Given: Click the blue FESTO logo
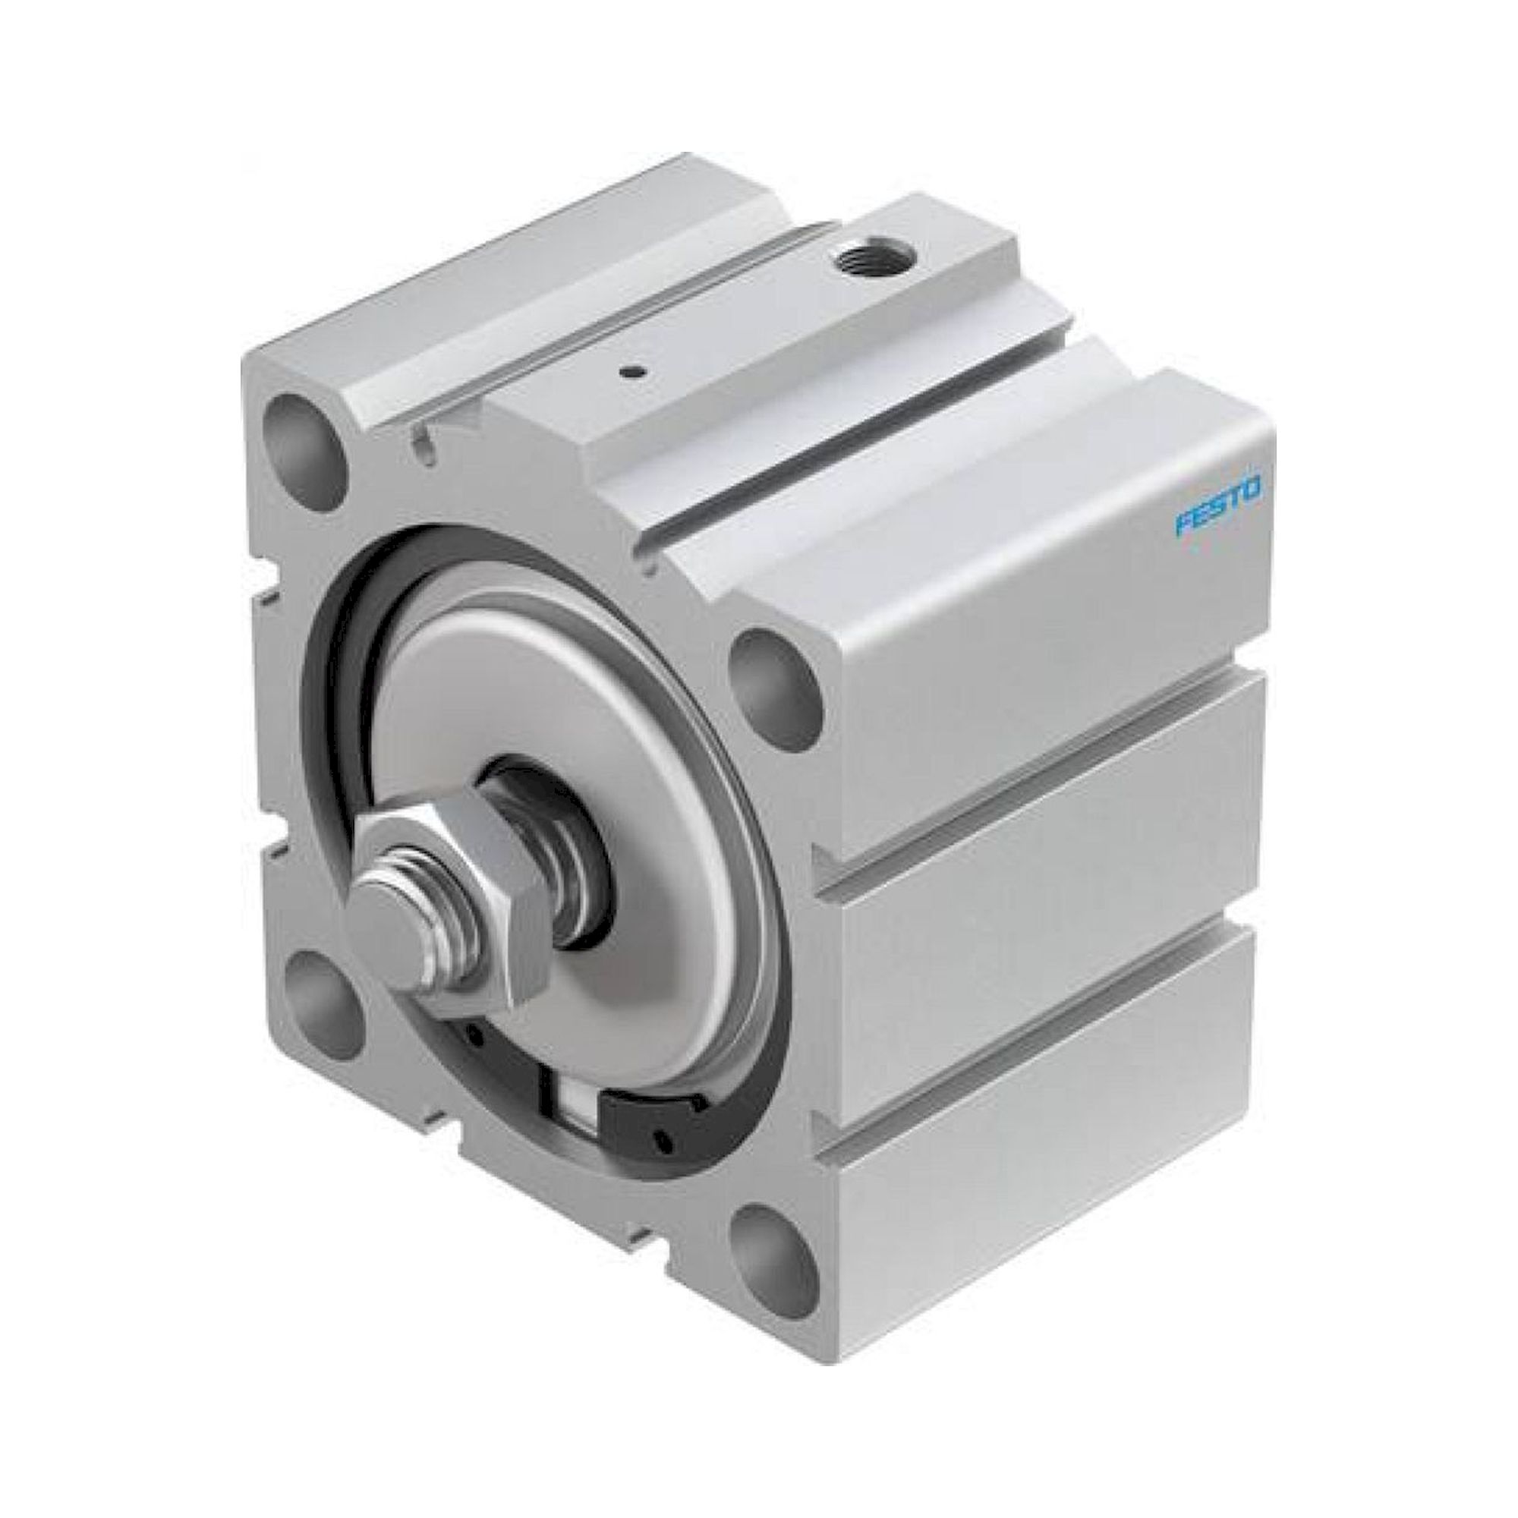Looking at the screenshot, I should (x=1218, y=515).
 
